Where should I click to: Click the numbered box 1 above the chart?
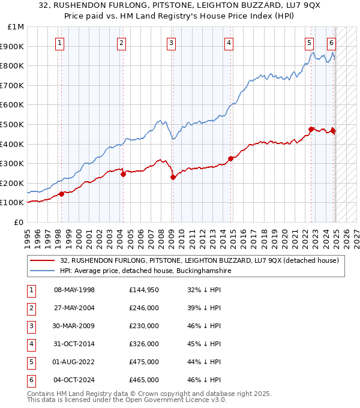click(61, 43)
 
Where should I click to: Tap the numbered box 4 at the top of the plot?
click(229, 43)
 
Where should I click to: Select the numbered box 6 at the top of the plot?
click(331, 43)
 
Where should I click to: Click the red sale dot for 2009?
click(173, 177)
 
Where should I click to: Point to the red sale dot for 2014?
click(230, 158)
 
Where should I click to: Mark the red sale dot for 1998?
click(61, 194)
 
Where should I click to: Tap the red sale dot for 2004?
click(123, 174)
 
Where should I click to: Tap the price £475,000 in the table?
click(144, 362)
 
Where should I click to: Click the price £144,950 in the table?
click(144, 290)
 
